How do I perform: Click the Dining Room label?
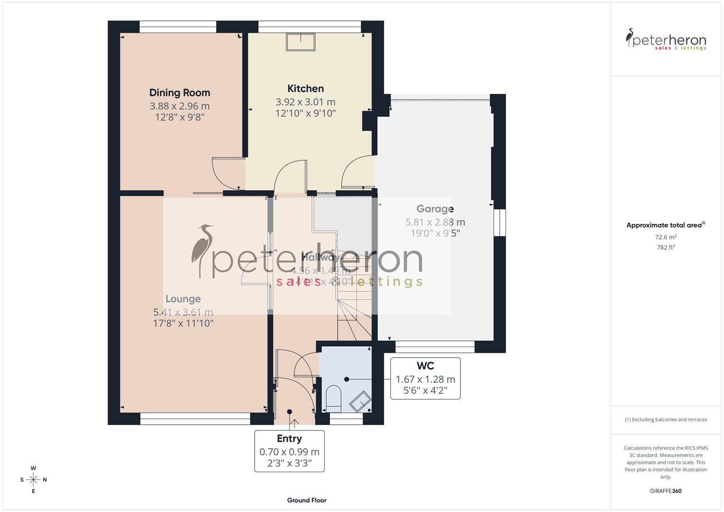point(179,93)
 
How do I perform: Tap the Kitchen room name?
point(305,89)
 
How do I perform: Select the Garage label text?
point(435,209)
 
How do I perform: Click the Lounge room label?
point(183,299)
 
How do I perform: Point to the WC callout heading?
point(425,366)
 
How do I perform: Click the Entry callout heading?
point(289,439)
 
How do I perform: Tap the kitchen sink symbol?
point(301,42)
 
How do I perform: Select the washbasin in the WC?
point(360,402)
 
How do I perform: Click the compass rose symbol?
point(33,480)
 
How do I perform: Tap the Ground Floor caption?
point(307,500)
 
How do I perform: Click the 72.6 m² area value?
point(666,237)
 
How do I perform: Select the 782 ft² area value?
point(666,247)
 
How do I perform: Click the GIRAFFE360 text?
point(666,491)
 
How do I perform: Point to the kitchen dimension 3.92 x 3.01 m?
point(305,102)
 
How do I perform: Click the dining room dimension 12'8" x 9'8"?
point(179,117)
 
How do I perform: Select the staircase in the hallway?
point(353,303)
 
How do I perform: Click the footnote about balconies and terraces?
point(666,420)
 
